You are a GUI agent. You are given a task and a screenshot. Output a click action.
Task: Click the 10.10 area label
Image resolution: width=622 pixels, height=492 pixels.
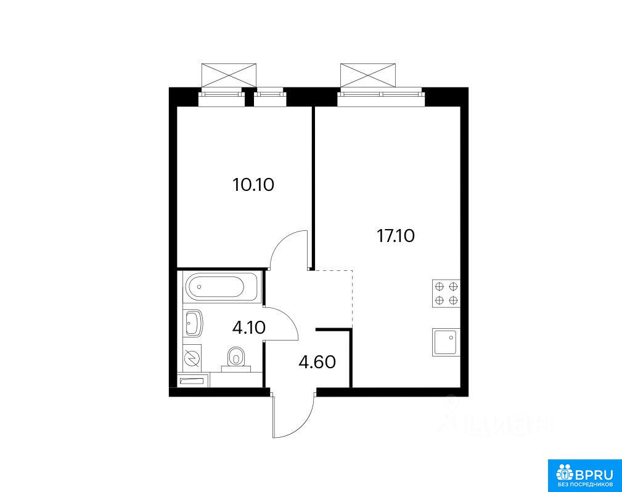coord(253,185)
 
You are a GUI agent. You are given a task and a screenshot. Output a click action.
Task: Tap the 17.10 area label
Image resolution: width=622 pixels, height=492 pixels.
coord(396,236)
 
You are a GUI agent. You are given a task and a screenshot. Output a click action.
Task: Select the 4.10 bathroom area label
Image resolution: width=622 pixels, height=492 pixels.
coord(248,328)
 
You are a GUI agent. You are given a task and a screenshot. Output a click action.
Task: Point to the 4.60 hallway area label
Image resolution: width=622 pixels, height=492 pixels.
coord(317,362)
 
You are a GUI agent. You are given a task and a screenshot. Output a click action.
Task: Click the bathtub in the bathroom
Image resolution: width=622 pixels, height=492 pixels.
coord(222,286)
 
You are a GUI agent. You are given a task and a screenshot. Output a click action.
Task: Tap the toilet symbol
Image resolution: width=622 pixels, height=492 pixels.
coord(237,359)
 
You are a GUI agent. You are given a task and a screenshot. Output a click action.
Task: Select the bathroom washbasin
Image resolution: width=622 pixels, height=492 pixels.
coord(193,323)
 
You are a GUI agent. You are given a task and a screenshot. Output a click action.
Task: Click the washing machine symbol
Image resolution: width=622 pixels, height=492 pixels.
coord(192,358)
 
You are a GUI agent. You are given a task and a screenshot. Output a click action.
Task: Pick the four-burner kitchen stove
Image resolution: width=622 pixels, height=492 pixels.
coord(446,294)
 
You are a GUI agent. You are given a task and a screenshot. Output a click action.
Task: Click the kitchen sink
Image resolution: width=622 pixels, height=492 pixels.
coord(446,342)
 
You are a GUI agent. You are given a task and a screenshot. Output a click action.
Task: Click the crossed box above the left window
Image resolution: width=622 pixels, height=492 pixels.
coord(229,75)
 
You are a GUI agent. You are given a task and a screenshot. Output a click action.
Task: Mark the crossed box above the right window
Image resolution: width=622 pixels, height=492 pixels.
coord(368,75)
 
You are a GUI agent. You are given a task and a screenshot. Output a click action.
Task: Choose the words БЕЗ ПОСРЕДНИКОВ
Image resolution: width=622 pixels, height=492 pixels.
coord(585,485)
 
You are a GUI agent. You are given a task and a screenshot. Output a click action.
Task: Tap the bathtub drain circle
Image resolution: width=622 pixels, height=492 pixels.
coord(199,286)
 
